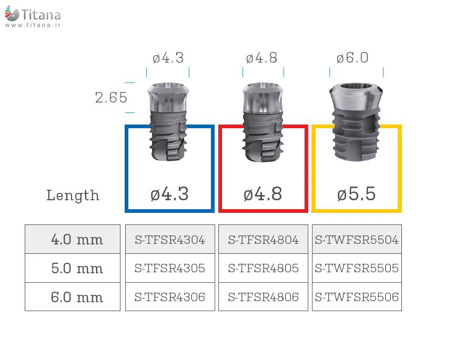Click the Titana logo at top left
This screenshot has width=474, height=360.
click(33, 15)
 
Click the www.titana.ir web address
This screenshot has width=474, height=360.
click(33, 25)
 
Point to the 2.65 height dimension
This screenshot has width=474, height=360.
click(111, 98)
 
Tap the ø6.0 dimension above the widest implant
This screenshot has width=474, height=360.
click(352, 58)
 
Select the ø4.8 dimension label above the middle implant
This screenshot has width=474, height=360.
click(262, 58)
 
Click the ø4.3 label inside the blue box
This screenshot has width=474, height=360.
click(169, 194)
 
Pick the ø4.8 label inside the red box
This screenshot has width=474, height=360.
click(263, 194)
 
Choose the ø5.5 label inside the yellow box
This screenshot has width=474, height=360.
click(356, 194)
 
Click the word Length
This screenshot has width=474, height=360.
click(73, 196)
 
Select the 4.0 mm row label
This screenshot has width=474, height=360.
click(77, 240)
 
